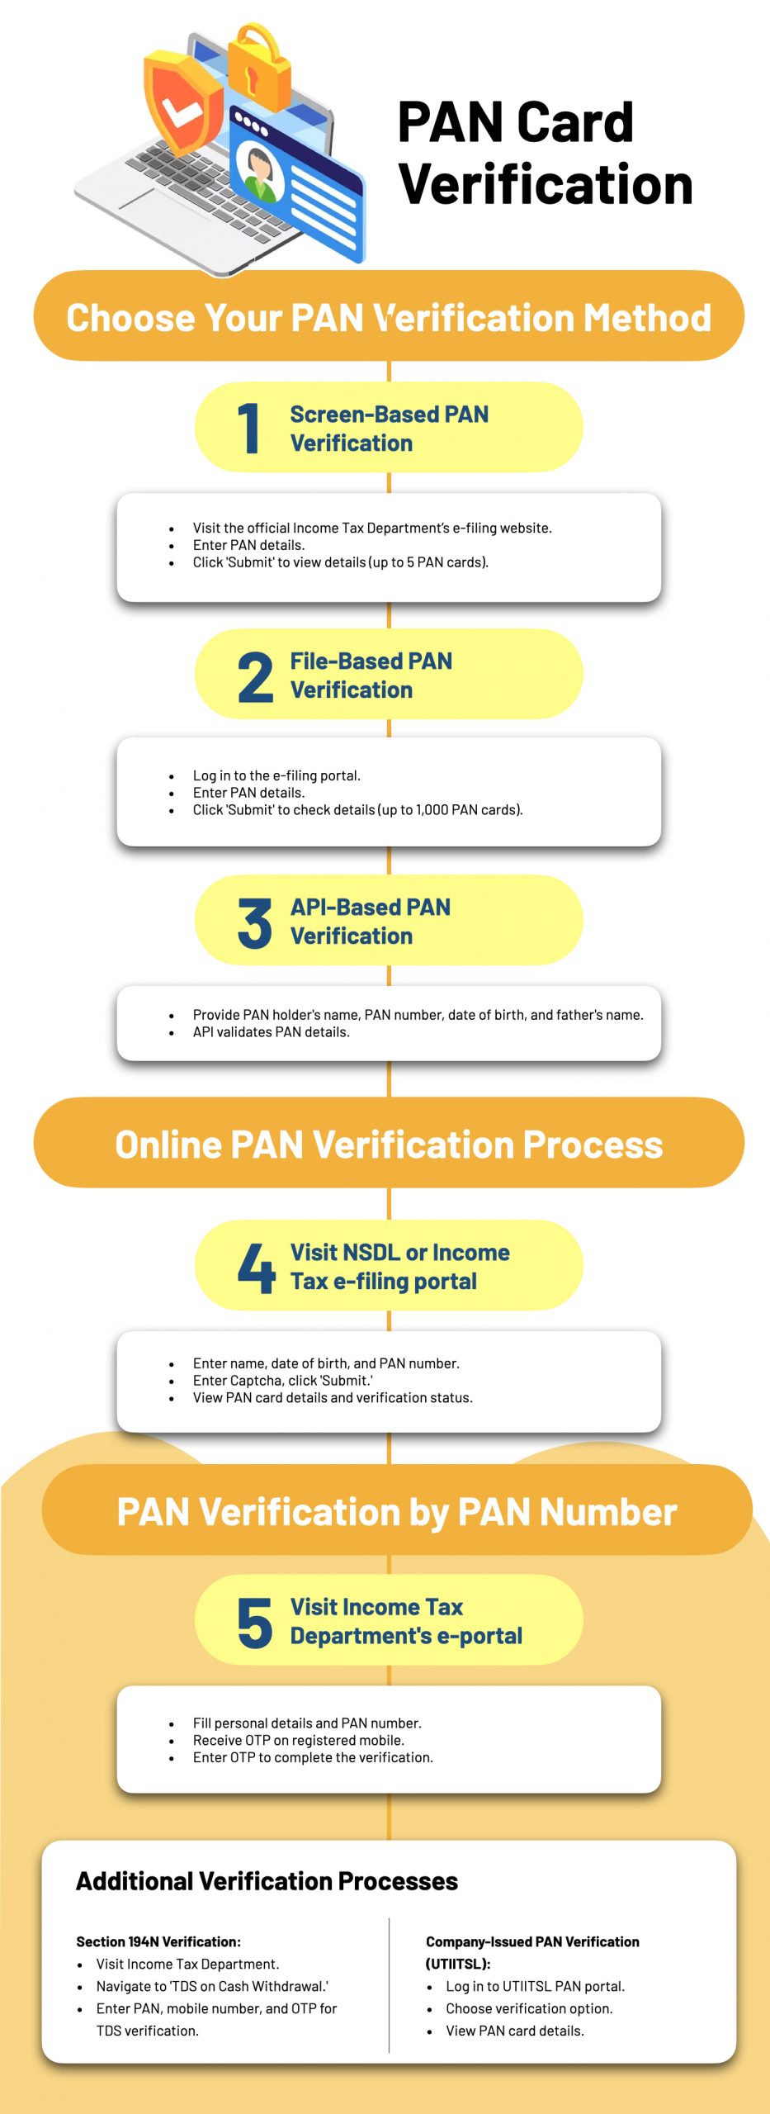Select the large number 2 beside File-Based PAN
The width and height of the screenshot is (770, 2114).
pos(255,676)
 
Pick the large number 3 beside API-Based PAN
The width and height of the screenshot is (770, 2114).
pos(254,922)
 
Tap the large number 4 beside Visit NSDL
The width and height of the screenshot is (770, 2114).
pos(256,1268)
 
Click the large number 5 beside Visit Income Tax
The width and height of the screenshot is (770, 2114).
pos(254,1622)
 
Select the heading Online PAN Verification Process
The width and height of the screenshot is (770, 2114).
pos(389,1145)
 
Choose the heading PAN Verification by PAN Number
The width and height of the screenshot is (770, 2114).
pos(397,1512)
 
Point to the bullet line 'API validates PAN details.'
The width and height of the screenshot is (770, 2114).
pos(271,1032)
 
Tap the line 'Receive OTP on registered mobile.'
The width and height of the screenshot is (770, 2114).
pos(298,1740)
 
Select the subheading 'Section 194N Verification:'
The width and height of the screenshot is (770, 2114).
pos(158,1941)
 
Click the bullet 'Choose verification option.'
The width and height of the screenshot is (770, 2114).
pos(529,2008)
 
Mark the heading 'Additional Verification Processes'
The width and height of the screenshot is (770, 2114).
pos(267,1881)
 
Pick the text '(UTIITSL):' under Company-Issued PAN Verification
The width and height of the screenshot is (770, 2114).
pos(458,1964)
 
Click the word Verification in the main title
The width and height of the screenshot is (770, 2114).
pos(546,183)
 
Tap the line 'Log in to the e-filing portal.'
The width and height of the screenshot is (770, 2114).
pos(276,775)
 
